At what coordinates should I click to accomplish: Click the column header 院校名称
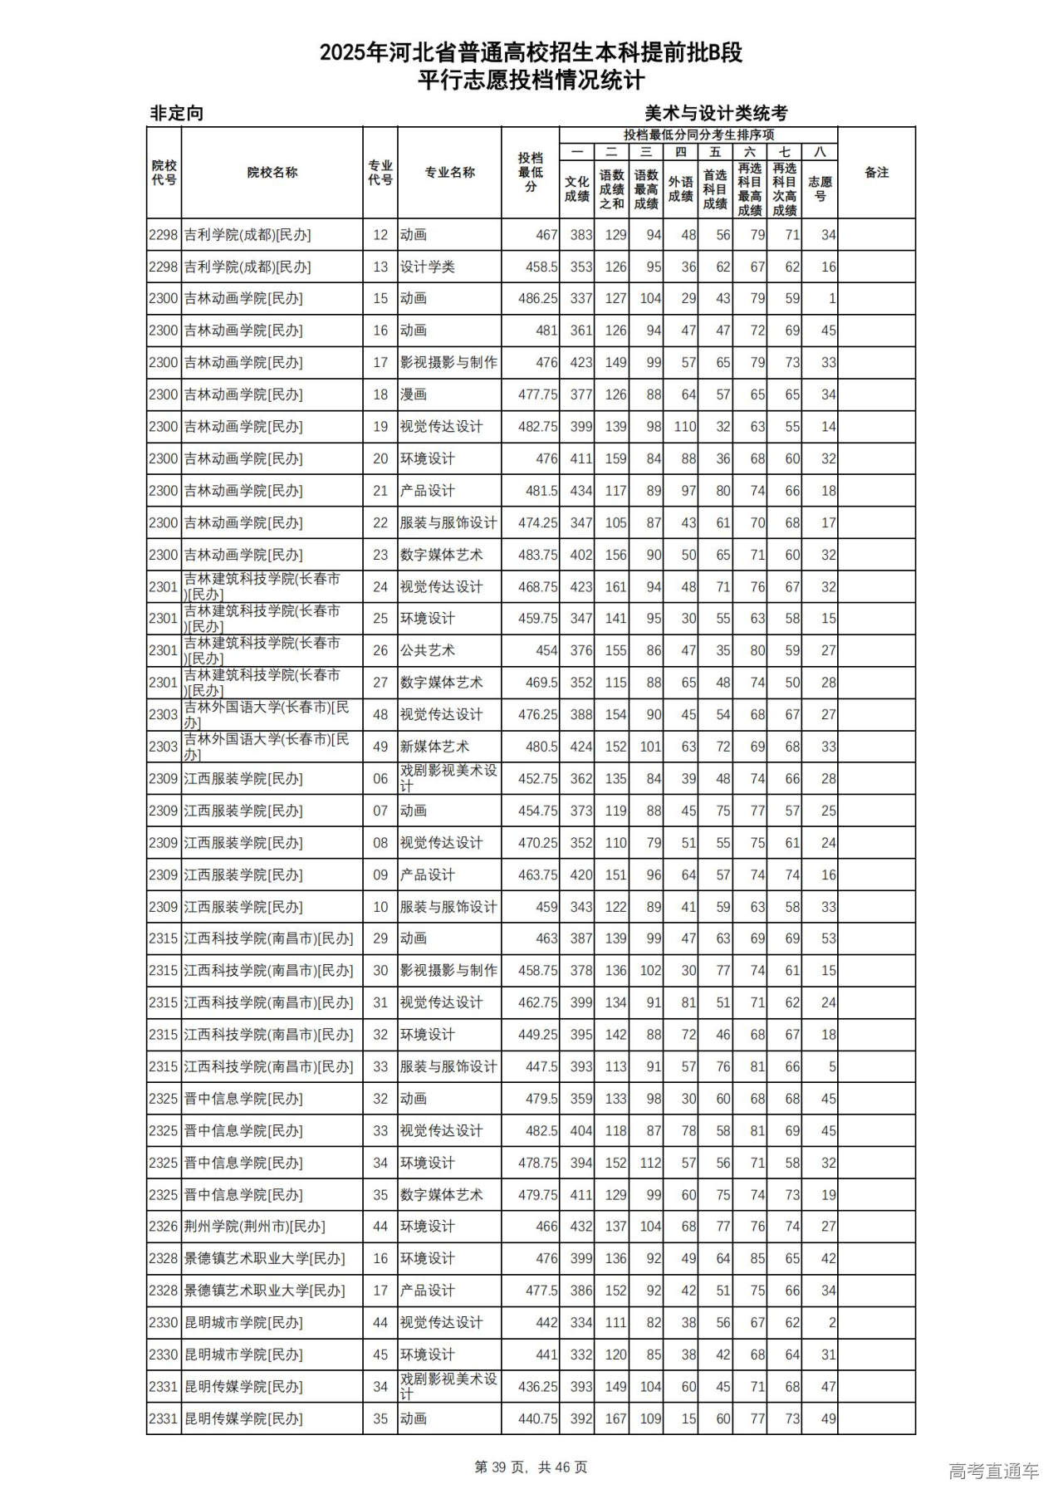pyautogui.click(x=272, y=173)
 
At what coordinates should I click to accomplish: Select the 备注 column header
pyautogui.click(x=876, y=173)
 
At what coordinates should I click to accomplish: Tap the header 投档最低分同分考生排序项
pyautogui.click(x=698, y=135)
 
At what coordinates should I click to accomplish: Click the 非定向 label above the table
pyautogui.click(x=177, y=113)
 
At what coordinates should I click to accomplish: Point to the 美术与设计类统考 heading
pyautogui.click(x=716, y=113)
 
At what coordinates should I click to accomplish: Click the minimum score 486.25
pyautogui.click(x=537, y=299)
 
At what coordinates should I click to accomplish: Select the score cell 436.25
pyautogui.click(x=537, y=1387)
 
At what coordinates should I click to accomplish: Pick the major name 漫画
pyautogui.click(x=414, y=394)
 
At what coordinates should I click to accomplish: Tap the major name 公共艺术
pyautogui.click(x=427, y=650)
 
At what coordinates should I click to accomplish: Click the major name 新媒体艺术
pyautogui.click(x=434, y=747)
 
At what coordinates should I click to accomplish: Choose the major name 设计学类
pyautogui.click(x=427, y=267)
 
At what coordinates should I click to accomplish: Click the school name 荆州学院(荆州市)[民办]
pyautogui.click(x=254, y=1227)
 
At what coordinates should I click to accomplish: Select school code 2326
pyautogui.click(x=164, y=1227)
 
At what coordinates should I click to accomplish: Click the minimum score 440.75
pyautogui.click(x=537, y=1419)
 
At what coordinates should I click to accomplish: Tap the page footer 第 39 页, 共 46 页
pyautogui.click(x=531, y=1467)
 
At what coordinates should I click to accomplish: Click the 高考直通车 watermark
pyautogui.click(x=993, y=1472)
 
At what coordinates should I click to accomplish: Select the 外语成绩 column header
pyautogui.click(x=681, y=189)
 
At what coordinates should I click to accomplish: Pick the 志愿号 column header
pyautogui.click(x=820, y=189)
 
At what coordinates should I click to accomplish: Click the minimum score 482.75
pyautogui.click(x=537, y=427)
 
